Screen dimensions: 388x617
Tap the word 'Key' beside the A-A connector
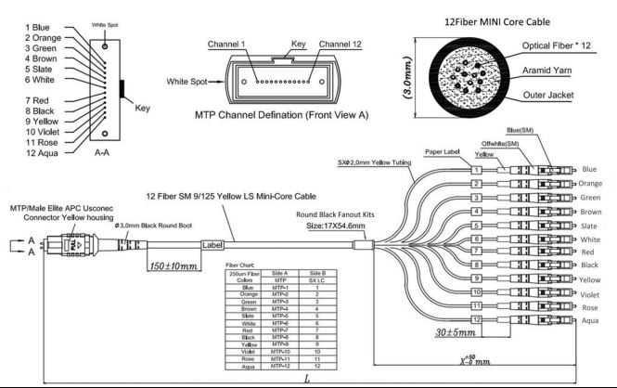pos(143,109)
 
